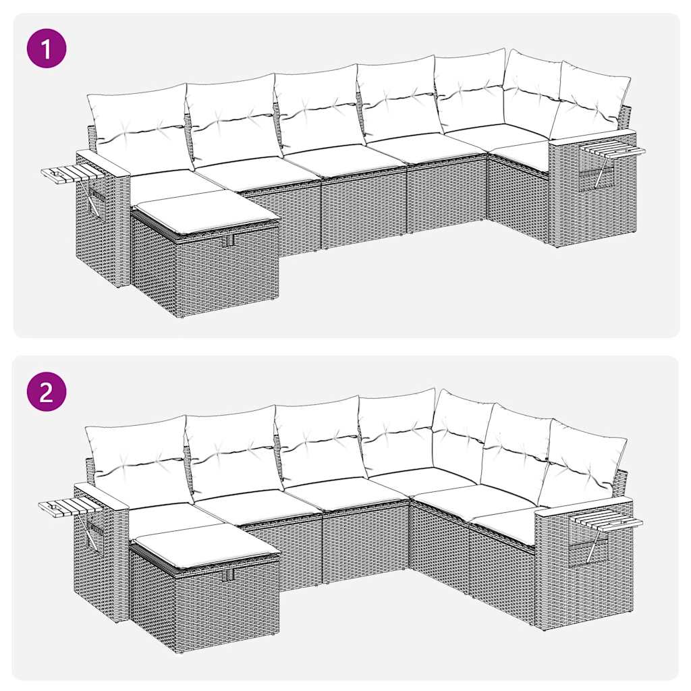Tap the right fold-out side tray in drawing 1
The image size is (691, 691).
point(611,150)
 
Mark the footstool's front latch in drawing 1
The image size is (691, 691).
point(229,241)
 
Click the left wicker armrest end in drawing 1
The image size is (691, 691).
point(101,216)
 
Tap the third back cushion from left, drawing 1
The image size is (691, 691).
point(317,108)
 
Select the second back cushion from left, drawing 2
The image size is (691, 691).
point(233,449)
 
